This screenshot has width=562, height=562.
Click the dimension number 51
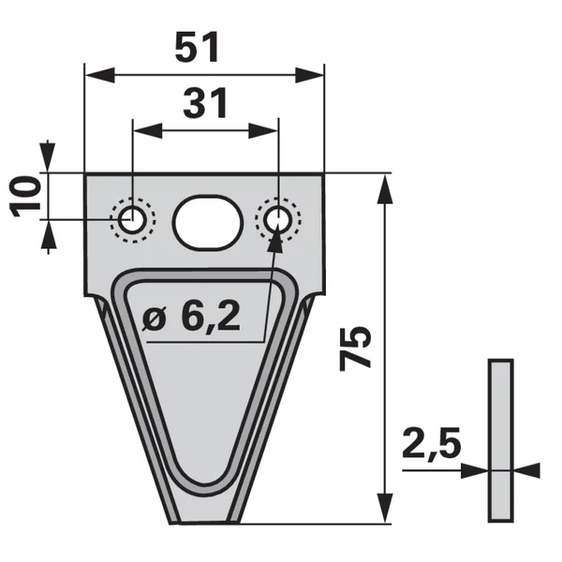(197, 47)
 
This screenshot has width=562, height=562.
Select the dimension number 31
(205, 103)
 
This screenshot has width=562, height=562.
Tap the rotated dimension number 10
(25, 196)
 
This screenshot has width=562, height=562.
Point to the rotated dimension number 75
(355, 348)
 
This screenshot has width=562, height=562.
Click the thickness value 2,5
(432, 443)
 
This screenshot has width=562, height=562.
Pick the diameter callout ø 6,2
(191, 316)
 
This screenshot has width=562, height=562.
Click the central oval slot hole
(208, 222)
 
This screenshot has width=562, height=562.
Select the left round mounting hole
(133, 220)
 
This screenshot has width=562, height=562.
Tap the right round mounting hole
(278, 219)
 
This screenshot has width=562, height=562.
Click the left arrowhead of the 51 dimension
(100, 75)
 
